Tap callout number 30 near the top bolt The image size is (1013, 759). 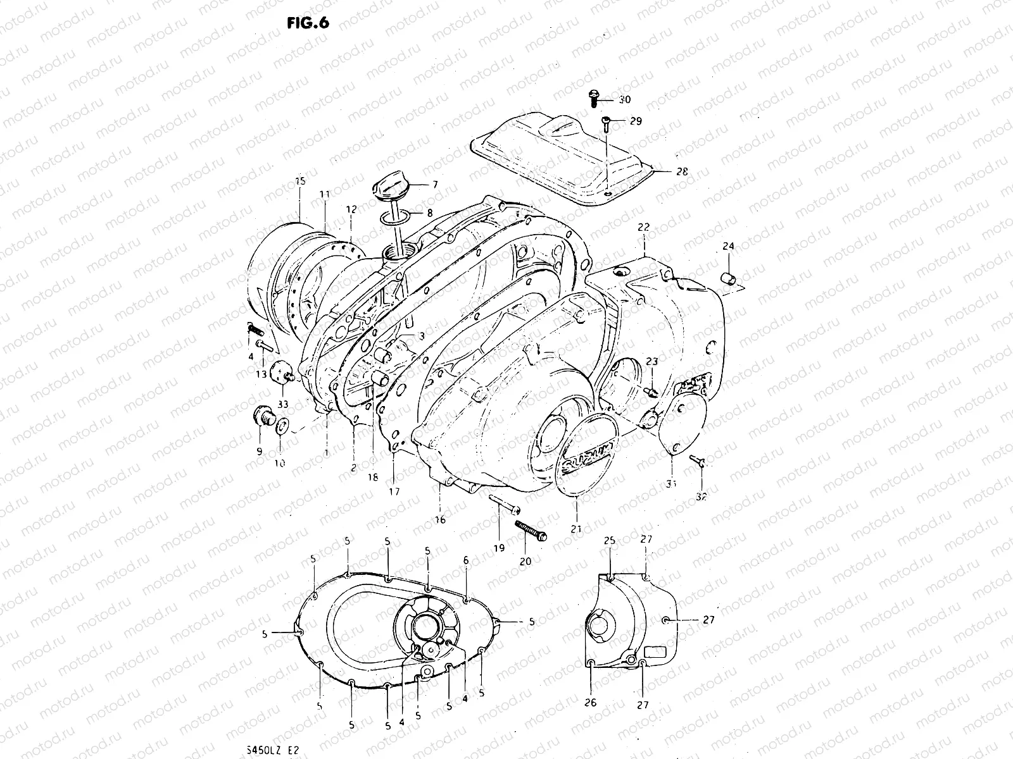[x=625, y=100]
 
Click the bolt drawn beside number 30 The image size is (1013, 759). [x=594, y=98]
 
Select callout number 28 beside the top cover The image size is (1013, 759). [x=682, y=171]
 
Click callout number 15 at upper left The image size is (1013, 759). [x=301, y=181]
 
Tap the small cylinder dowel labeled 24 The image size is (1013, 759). [x=729, y=279]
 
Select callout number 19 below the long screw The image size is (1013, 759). [x=499, y=548]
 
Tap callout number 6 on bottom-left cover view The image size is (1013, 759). [x=466, y=560]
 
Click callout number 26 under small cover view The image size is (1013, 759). [x=591, y=702]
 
